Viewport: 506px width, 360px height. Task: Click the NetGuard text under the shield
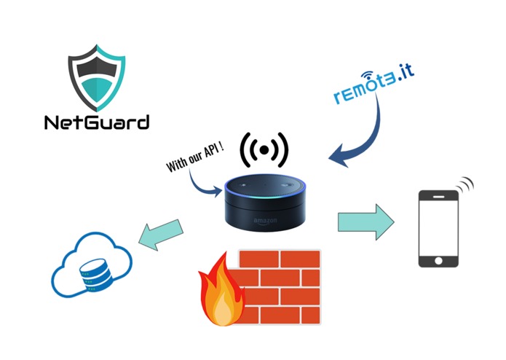pyautogui.click(x=95, y=121)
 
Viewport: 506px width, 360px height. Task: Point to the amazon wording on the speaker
pyautogui.click(x=267, y=219)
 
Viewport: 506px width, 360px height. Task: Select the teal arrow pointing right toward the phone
pyautogui.click(x=365, y=221)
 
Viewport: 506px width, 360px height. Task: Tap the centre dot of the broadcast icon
pyautogui.click(x=265, y=150)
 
